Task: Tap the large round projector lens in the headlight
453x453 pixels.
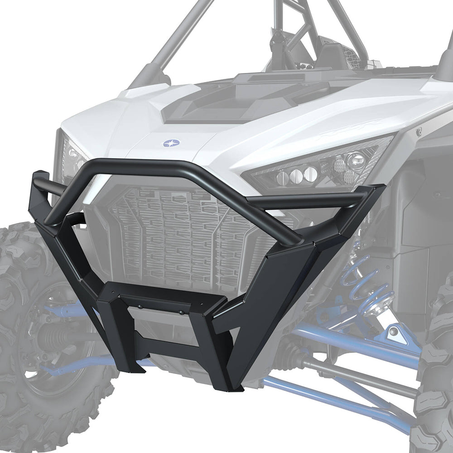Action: [356, 159]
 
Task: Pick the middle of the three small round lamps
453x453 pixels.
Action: [297, 174]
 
